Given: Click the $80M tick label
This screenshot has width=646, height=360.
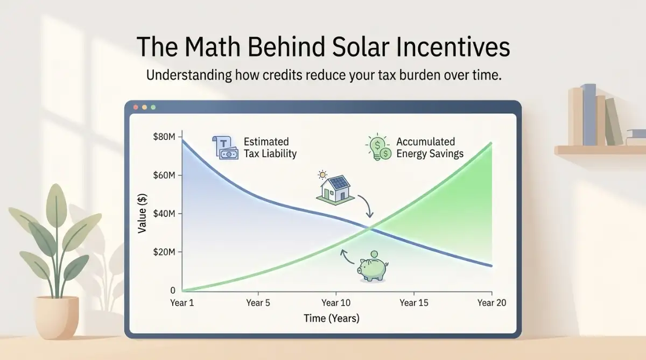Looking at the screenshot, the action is coord(164,137).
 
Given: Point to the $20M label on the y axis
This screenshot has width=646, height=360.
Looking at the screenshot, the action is coord(164,252).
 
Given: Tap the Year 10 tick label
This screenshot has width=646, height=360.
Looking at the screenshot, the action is coord(336,302).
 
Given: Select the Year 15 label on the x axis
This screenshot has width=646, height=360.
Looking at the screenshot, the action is coord(414,302).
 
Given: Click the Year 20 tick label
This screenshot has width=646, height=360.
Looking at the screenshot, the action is coord(491,302).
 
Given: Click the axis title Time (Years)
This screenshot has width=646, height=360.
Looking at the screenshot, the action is coord(332,318).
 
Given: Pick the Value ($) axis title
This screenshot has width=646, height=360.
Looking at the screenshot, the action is coord(142,213).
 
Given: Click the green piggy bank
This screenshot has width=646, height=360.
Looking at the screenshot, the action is coord(373,266).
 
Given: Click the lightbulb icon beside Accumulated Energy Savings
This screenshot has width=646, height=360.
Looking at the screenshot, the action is coord(378,147).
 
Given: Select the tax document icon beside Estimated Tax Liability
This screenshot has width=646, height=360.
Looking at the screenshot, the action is coord(226,147).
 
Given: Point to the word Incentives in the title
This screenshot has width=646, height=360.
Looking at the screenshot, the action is coord(453,47).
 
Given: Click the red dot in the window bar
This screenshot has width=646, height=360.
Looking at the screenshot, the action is coord(136,107).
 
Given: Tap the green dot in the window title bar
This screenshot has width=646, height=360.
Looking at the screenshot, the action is coord(153,107).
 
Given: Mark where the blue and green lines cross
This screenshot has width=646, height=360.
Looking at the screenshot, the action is coord(369,229).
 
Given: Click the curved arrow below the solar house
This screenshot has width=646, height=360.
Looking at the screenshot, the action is coord(367,205).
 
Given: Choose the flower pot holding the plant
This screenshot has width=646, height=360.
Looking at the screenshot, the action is coord(57,316).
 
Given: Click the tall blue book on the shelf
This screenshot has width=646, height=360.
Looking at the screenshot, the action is coord(589,115).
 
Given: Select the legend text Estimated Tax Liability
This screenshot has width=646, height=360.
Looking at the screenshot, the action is coord(270,147).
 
